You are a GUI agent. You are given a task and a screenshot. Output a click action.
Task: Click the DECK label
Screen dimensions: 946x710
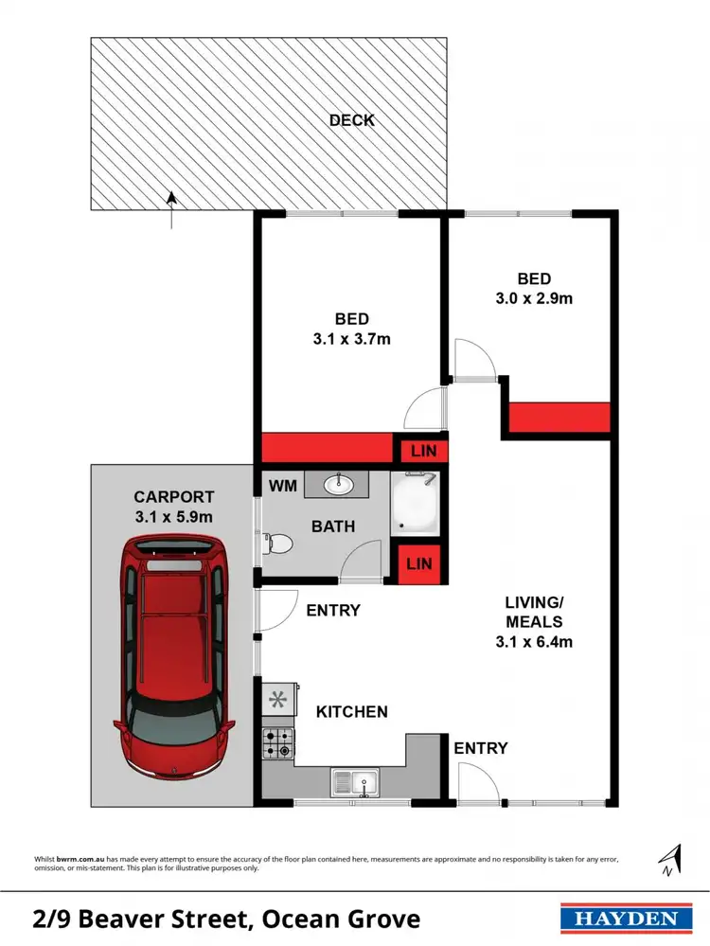coord(352,120)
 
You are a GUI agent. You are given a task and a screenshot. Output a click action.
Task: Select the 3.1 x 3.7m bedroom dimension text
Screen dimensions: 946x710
coord(351,338)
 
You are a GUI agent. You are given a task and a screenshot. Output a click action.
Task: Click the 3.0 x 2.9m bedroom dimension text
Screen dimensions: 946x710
coord(534,297)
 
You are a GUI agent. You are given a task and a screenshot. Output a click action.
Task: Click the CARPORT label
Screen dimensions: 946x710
coord(173,496)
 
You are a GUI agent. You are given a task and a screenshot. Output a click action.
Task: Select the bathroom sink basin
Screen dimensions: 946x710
coord(339,485)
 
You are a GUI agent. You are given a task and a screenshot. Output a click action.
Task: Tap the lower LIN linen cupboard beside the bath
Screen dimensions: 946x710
coord(418,563)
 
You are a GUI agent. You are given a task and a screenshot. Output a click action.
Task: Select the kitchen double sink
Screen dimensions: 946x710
coord(355,783)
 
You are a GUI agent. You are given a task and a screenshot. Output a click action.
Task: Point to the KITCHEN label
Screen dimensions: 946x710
coord(351,711)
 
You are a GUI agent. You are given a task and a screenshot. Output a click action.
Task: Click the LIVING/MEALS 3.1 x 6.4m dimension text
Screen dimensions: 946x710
coord(535,641)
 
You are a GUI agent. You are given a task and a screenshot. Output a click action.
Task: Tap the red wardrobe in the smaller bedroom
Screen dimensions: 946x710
coord(559,418)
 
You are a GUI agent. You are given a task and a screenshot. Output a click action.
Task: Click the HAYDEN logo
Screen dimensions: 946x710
coord(621,919)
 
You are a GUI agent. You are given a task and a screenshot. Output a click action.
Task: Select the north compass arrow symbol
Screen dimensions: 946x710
coord(671,859)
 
